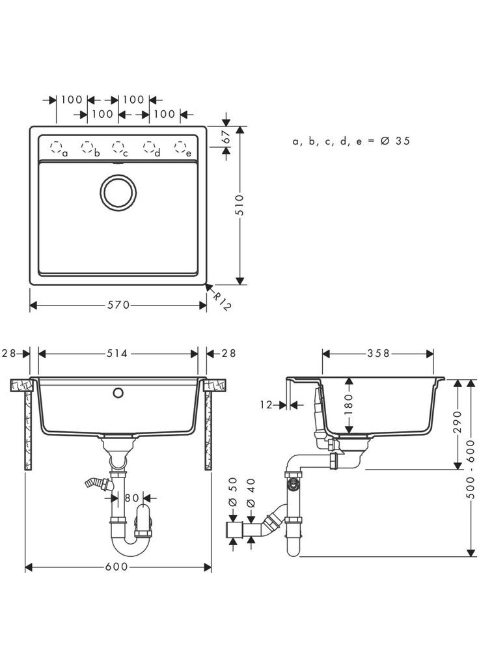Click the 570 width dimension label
click(x=118, y=305)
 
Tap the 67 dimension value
click(x=226, y=137)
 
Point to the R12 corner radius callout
click(x=222, y=300)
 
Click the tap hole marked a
click(x=56, y=147)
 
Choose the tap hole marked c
click(x=117, y=147)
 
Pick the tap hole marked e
click(x=180, y=147)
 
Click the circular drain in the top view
click(x=118, y=191)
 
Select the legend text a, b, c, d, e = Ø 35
click(x=351, y=141)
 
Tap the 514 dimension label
click(x=118, y=353)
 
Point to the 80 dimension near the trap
click(x=131, y=498)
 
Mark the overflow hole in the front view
click(x=118, y=393)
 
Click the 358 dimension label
click(x=378, y=353)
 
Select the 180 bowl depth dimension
click(x=349, y=406)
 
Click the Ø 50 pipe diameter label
click(x=234, y=494)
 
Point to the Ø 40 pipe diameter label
click(x=251, y=494)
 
